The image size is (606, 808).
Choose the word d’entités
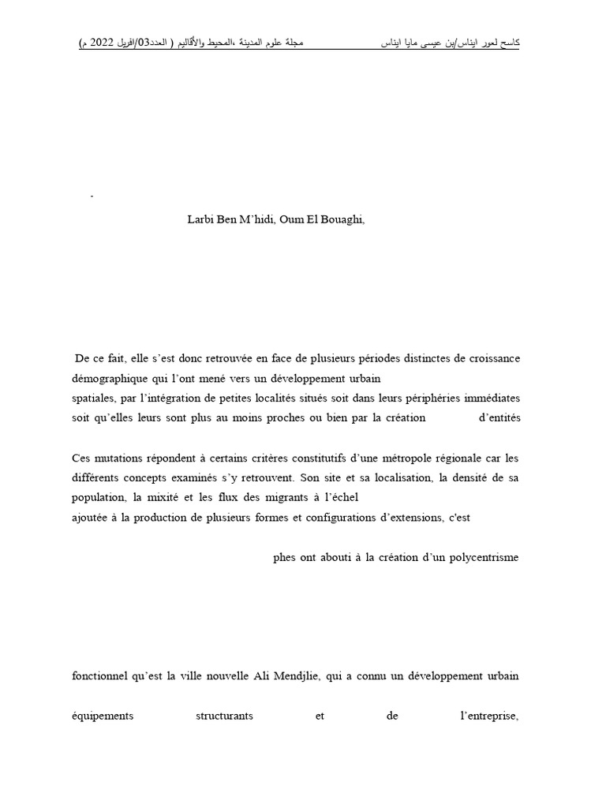499,417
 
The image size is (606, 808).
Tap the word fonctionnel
100,677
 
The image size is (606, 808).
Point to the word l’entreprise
484,716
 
